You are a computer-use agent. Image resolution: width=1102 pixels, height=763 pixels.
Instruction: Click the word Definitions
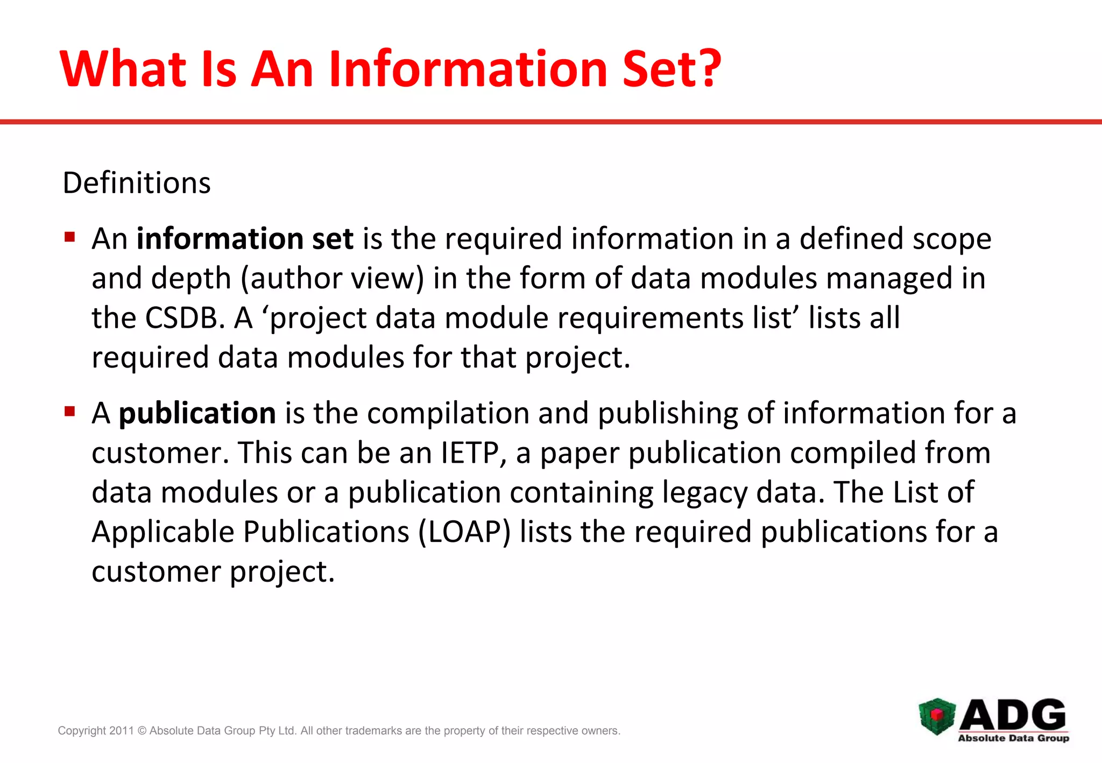pos(137,183)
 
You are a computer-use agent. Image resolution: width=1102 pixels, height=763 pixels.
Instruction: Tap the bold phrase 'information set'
pos(245,238)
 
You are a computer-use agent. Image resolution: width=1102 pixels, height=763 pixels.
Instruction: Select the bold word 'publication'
pos(197,413)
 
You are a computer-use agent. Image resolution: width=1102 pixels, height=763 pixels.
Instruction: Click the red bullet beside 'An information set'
pos(69,237)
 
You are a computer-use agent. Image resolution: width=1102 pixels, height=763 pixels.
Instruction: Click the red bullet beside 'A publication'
pos(69,412)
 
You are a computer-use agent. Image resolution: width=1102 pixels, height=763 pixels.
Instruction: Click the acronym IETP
pos(470,453)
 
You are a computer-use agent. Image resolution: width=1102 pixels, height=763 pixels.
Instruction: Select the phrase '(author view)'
pos(332,278)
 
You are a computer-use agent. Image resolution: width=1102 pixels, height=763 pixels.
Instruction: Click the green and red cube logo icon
pos(937,716)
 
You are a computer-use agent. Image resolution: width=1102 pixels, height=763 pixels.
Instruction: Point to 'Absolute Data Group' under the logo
pos(1013,738)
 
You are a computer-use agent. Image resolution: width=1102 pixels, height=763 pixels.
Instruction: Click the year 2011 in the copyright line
pos(121,731)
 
